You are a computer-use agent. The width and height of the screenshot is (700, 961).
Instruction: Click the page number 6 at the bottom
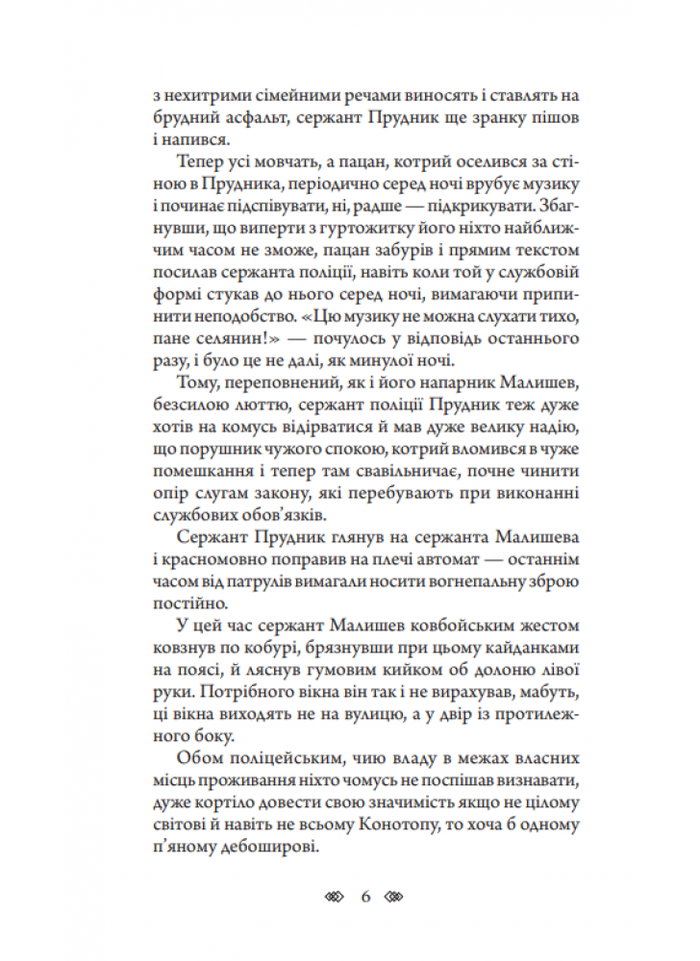tap(365, 897)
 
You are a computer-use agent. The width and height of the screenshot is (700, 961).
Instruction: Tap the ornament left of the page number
tap(333, 897)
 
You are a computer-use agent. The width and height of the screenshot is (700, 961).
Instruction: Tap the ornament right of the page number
tap(398, 897)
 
